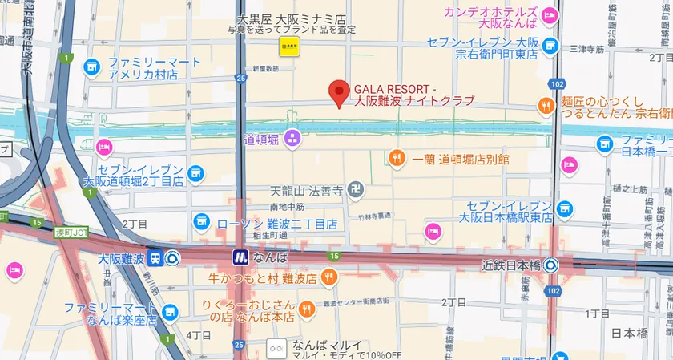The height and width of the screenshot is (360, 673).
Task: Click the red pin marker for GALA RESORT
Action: tap(340, 93)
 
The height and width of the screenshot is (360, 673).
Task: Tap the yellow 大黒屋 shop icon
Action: tap(288, 47)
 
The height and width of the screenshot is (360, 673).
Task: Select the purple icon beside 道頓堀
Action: tap(291, 140)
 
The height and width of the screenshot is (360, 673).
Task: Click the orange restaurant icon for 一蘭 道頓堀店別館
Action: tap(397, 159)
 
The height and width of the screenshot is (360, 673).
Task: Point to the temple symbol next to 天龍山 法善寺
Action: tap(357, 191)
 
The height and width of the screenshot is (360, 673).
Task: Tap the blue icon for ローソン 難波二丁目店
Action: tap(200, 221)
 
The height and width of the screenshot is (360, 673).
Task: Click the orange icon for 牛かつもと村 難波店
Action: tap(328, 278)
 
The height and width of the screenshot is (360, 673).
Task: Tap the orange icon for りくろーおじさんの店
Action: tap(306, 309)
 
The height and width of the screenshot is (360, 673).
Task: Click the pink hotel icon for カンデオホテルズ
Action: tap(550, 14)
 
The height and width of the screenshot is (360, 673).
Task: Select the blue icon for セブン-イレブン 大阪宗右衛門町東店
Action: tap(550, 45)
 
